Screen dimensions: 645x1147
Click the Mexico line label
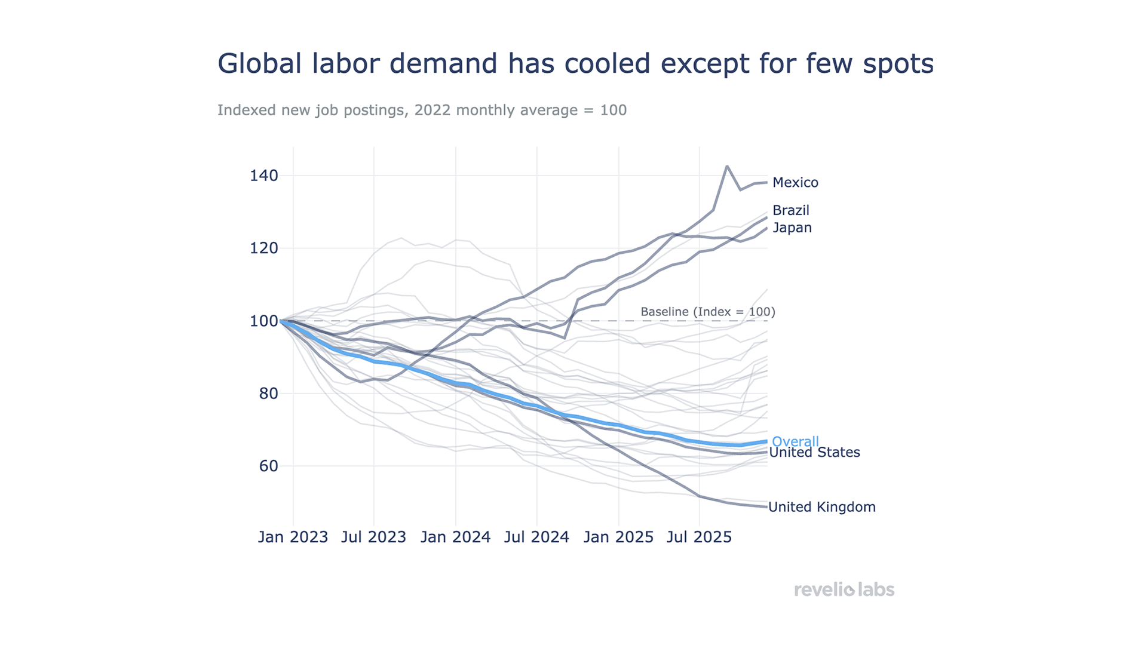pos(795,183)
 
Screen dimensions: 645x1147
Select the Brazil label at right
pos(790,210)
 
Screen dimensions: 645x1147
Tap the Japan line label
pos(792,228)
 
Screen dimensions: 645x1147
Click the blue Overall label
pos(795,441)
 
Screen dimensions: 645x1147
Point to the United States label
pos(814,453)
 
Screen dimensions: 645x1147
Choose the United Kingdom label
pos(821,507)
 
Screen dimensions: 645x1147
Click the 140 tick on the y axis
pos(263,176)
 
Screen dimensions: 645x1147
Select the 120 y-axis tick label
pos(263,248)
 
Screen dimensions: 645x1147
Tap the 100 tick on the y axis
pos(263,321)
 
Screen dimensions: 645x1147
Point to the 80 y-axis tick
pos(268,394)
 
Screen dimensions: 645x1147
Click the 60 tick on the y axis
pos(268,466)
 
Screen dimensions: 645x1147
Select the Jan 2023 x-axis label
pos(293,537)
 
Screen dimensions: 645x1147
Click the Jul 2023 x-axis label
pos(373,537)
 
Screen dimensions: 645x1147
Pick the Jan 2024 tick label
pos(455,537)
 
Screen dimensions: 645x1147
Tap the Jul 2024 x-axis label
pos(536,537)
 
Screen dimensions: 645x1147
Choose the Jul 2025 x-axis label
pos(699,537)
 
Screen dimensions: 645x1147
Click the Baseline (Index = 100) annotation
pos(707,312)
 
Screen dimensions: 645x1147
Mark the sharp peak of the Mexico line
pos(727,166)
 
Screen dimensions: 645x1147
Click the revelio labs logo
pos(844,589)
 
